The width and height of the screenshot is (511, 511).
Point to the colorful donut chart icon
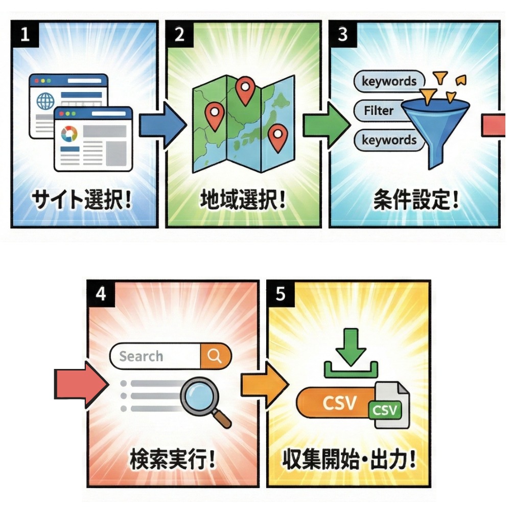[68, 134]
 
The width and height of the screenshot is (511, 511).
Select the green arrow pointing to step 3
[326, 125]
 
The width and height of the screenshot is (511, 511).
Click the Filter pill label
[379, 110]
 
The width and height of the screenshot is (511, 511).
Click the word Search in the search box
[141, 356]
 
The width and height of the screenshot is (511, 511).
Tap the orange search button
[216, 356]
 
